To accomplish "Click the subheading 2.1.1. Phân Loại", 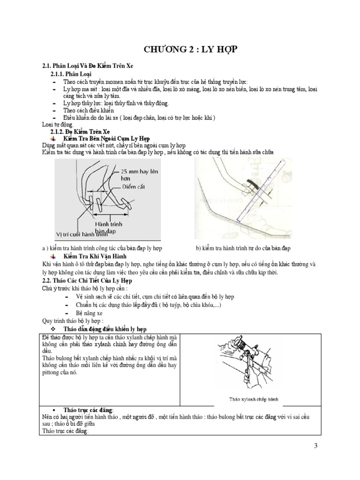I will pyautogui.click(x=71, y=74).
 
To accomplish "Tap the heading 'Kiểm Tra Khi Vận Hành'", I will pyautogui.click(x=93, y=256).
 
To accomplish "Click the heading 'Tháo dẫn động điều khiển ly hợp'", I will pyautogui.click(x=107, y=329).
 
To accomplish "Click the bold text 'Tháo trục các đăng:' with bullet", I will pyautogui.click(x=88, y=410).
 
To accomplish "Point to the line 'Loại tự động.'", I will pyautogui.click(x=58, y=125).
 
